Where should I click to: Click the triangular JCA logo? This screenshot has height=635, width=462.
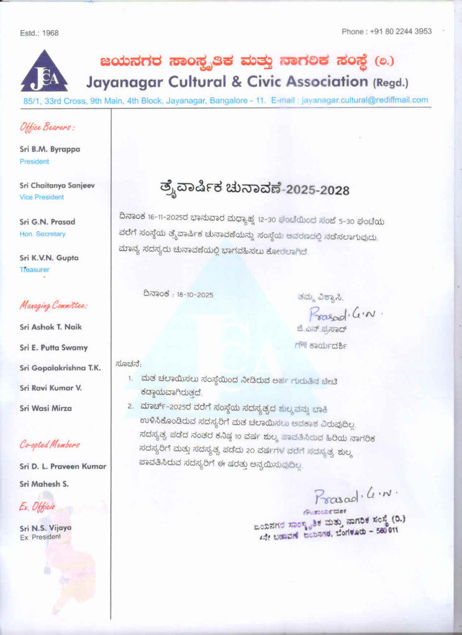(x=43, y=72)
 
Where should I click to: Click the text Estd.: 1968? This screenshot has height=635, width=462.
(x=39, y=33)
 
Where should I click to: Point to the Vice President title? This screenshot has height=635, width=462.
(x=42, y=197)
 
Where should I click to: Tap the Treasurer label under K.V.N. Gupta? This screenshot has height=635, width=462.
(x=35, y=270)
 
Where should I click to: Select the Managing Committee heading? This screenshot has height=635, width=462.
(x=53, y=306)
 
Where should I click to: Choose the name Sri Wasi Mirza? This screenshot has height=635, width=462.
(x=46, y=408)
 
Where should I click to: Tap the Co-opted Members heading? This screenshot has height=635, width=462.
(x=50, y=445)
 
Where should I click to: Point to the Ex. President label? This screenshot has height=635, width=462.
(x=40, y=536)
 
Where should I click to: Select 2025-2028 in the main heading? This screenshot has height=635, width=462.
(x=317, y=190)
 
